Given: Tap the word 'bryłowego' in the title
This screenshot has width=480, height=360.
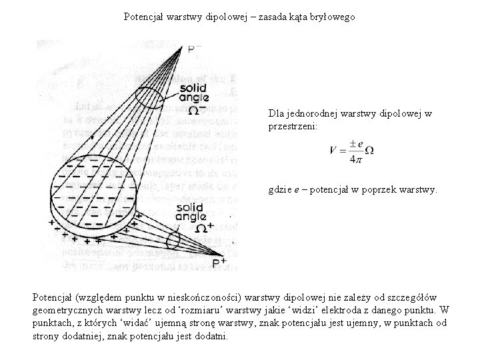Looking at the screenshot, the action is [x=335, y=16].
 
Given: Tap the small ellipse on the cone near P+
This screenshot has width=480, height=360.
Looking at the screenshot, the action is [x=175, y=239].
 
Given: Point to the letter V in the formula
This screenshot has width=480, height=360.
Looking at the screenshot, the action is [x=333, y=151].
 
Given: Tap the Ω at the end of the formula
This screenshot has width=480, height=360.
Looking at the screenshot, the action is [x=369, y=151].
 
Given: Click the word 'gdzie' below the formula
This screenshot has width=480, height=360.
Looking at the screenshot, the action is [x=281, y=190].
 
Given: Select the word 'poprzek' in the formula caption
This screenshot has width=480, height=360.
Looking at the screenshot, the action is [x=385, y=190].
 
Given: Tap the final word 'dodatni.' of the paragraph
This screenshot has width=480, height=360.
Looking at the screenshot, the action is [x=211, y=336].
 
